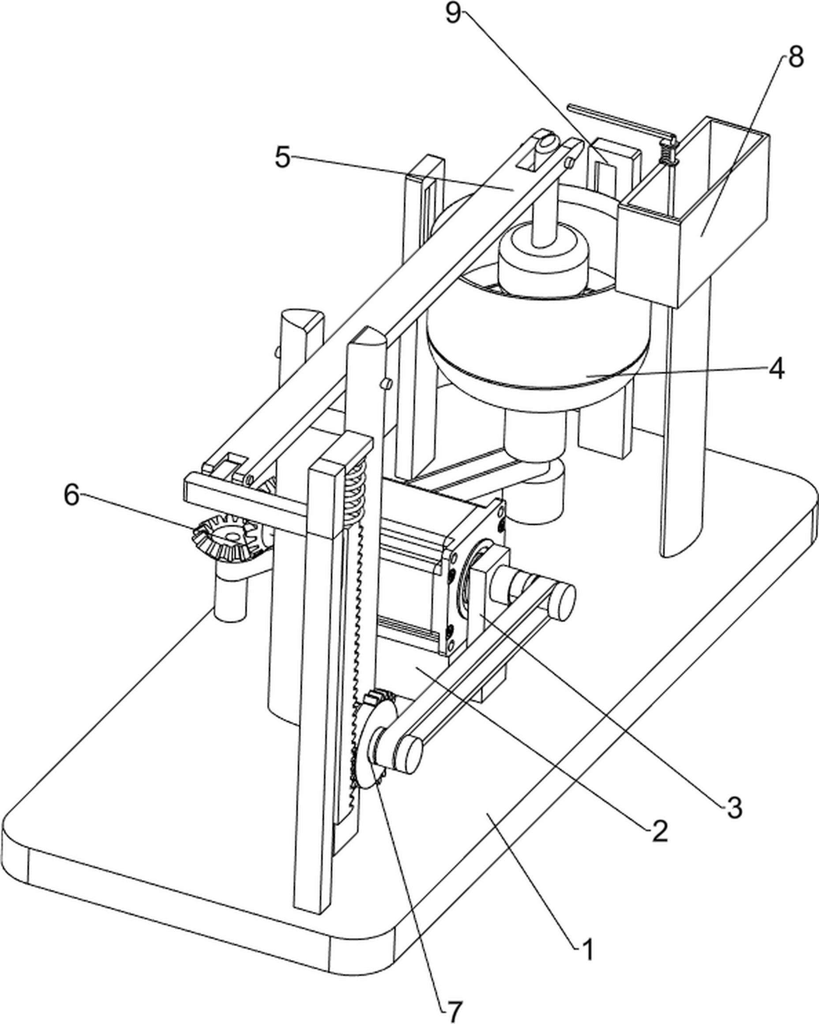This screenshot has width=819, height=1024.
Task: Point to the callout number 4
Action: (x=777, y=368)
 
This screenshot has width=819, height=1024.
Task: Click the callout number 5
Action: (x=283, y=157)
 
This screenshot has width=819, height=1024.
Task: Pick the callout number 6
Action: (x=72, y=495)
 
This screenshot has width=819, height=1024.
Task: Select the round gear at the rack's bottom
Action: (x=375, y=741)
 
